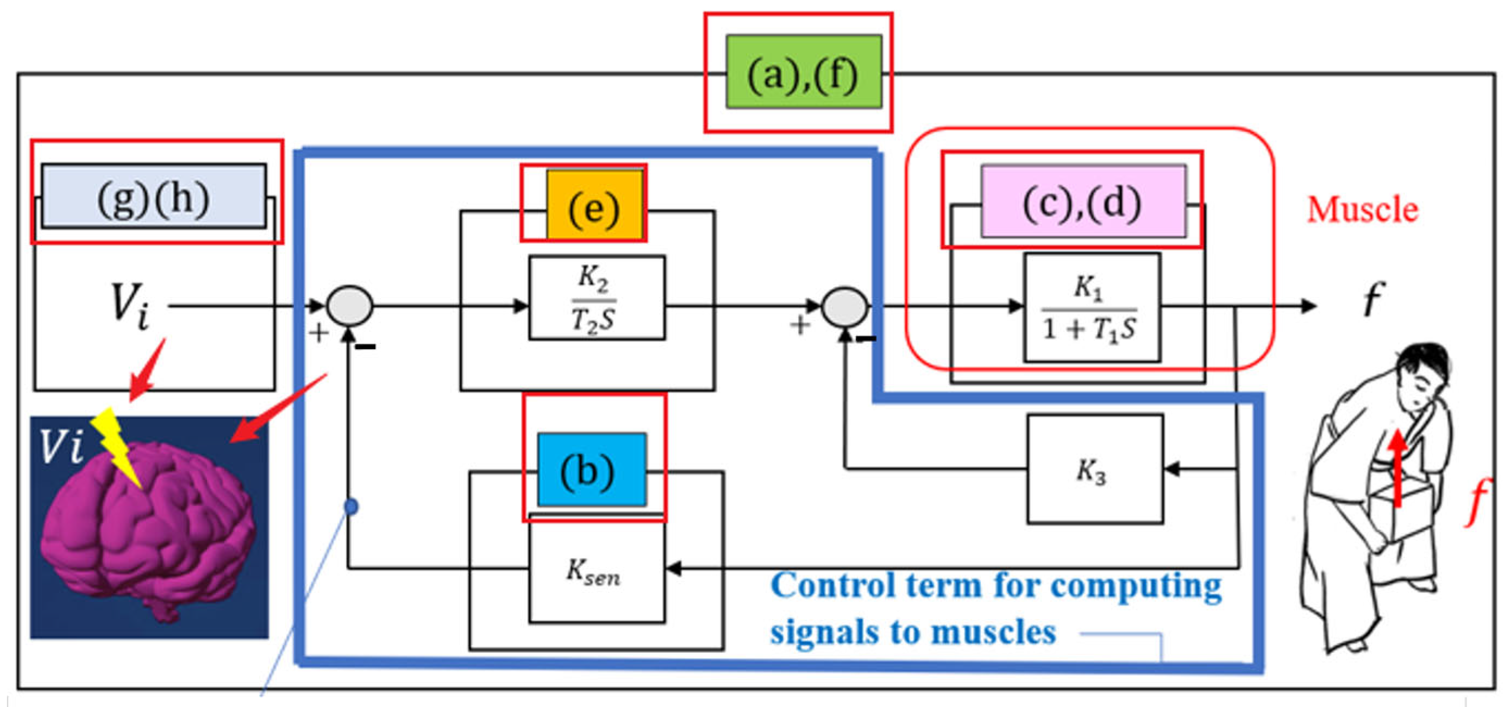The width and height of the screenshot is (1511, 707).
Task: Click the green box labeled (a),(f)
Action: (x=803, y=72)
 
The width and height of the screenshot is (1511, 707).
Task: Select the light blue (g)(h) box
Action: (x=153, y=197)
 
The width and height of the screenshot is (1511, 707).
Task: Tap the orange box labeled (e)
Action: (x=594, y=205)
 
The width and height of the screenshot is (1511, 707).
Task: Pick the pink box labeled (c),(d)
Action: (x=1083, y=201)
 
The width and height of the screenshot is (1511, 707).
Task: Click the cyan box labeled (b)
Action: (x=591, y=469)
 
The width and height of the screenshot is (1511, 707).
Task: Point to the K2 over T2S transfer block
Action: (x=597, y=297)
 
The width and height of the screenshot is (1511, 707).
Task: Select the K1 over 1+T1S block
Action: (x=1091, y=307)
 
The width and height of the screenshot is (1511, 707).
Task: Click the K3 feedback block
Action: (x=1094, y=469)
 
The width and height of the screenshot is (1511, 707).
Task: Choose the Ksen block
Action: (x=596, y=570)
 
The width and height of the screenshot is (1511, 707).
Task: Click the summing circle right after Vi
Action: (x=349, y=305)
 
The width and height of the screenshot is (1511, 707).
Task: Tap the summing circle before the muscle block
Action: (x=844, y=307)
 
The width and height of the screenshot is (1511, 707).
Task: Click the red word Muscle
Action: (x=1362, y=209)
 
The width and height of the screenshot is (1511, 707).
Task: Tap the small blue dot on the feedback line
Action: (x=352, y=506)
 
